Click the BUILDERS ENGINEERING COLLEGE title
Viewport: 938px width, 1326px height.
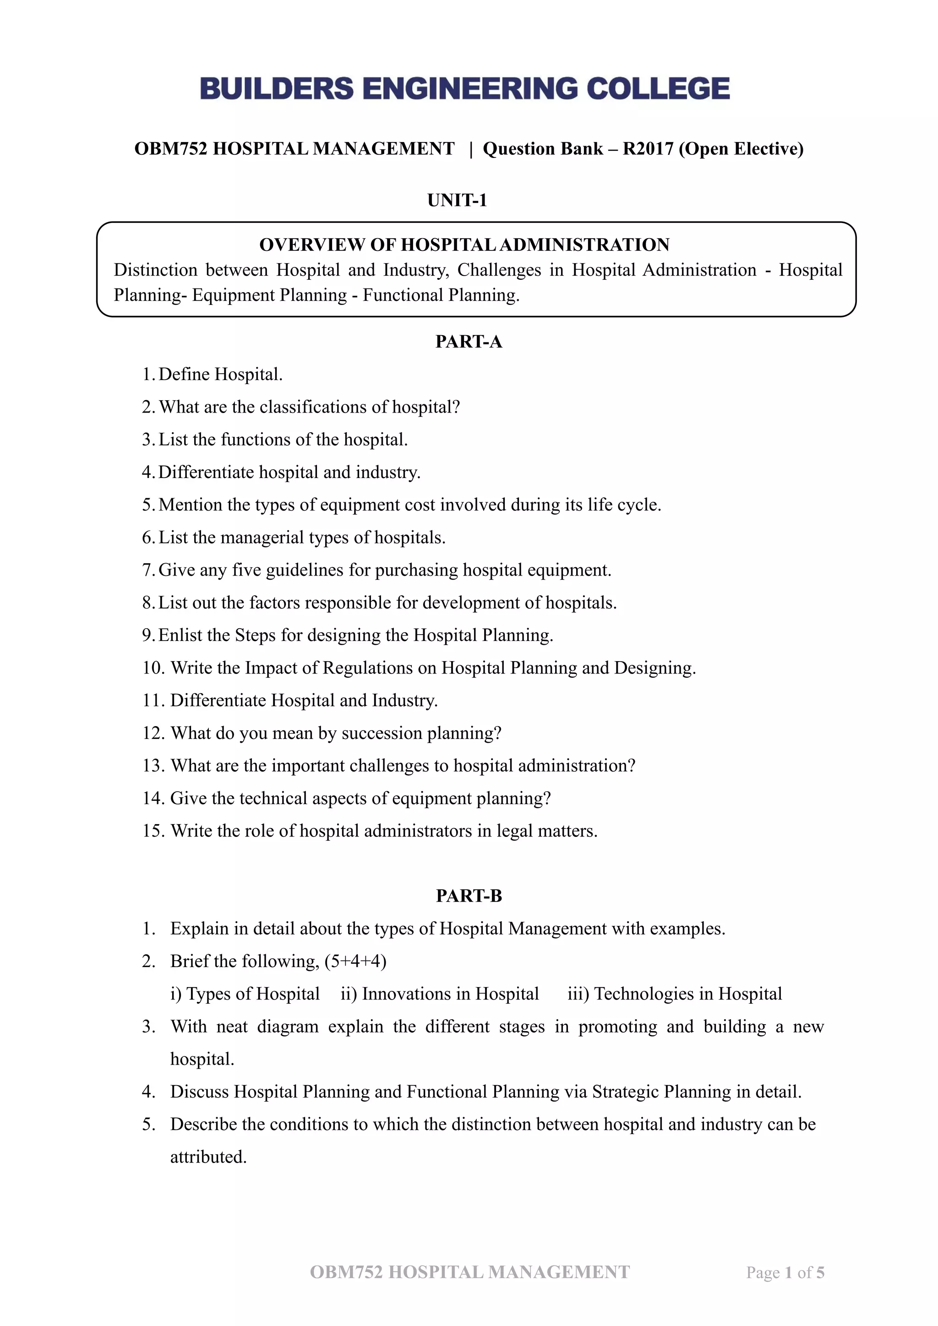(465, 88)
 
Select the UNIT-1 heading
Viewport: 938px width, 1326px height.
(457, 201)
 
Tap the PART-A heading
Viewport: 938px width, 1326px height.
(469, 342)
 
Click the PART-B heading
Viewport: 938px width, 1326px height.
(469, 896)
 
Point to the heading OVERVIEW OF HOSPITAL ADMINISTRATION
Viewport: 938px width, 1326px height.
(464, 245)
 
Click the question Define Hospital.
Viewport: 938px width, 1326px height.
(220, 374)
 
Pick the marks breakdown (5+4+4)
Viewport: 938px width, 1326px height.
(355, 961)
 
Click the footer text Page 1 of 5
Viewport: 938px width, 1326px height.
(785, 1272)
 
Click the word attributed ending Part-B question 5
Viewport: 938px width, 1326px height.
(208, 1157)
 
